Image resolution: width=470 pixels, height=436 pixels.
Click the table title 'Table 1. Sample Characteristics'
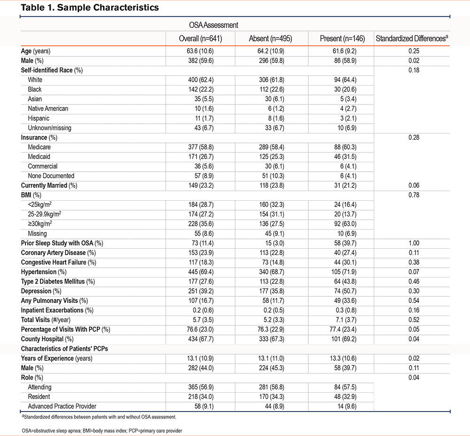[90, 8]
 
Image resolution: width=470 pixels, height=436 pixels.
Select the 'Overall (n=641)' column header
[200, 39]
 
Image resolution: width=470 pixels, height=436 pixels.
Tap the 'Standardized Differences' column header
[412, 39]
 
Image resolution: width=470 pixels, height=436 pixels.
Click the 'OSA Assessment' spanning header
[213, 25]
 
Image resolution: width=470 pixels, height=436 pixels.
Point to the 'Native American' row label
[48, 109]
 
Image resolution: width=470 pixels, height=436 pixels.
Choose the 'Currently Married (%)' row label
[49, 186]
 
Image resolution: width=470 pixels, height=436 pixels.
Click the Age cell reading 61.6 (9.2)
[345, 51]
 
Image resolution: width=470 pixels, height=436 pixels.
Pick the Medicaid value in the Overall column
[201, 157]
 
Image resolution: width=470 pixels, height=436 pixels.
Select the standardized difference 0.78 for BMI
[414, 195]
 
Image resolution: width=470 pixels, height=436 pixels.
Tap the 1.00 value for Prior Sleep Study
[414, 243]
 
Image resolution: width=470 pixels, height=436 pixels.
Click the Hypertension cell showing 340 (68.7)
[272, 272]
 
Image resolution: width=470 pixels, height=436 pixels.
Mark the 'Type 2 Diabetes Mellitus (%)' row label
[58, 282]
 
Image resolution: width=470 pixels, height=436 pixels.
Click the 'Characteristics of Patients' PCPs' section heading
[64, 349]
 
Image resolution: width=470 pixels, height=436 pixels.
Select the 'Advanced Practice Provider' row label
[62, 406]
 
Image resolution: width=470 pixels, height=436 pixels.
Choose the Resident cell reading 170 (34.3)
[272, 396]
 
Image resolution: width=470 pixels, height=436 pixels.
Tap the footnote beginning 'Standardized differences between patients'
[99, 417]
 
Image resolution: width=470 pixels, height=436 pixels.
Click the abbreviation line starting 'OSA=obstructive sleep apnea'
[102, 431]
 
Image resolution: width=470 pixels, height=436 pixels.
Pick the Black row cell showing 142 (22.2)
[201, 90]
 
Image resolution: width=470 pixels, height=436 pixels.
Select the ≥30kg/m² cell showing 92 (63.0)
[345, 224]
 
